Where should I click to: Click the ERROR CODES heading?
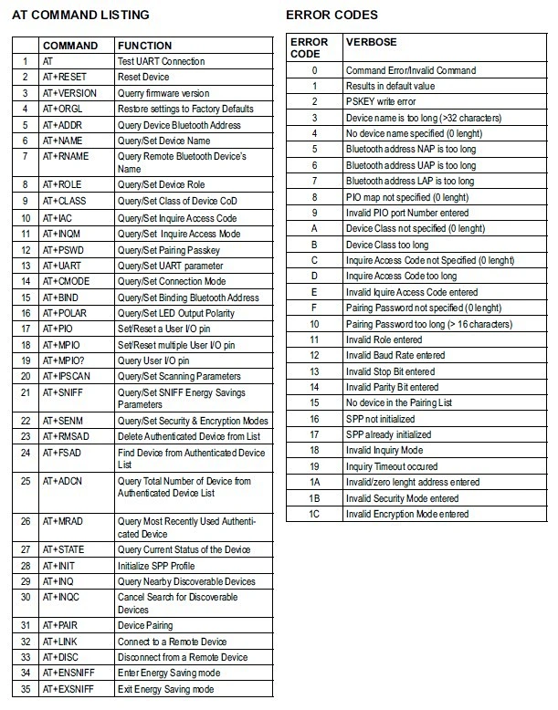point(332,16)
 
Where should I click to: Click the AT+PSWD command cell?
point(63,250)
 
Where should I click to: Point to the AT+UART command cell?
point(63,266)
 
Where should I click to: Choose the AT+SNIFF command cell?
point(64,392)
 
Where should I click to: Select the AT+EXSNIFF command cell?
point(70,689)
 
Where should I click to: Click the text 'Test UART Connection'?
point(162,61)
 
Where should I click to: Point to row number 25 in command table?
point(26,481)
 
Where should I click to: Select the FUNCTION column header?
point(144,45)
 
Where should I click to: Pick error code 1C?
point(314,514)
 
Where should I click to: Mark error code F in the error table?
point(314,308)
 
